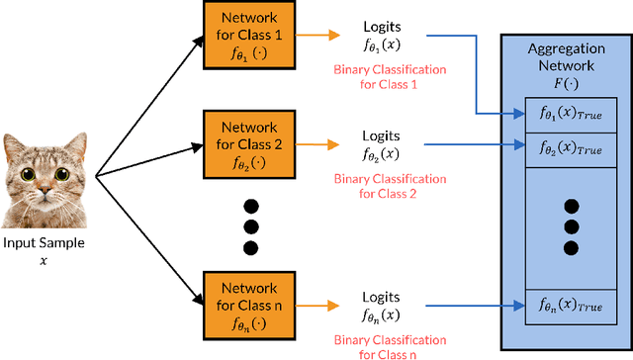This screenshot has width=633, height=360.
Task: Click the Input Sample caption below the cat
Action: (x=44, y=244)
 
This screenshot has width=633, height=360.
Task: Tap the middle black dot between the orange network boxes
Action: (x=250, y=226)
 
